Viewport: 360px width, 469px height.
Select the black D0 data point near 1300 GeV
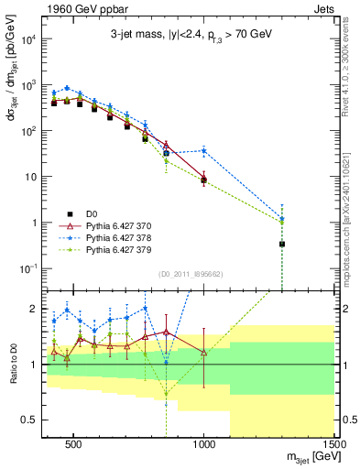282,245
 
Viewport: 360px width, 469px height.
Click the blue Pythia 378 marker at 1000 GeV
204,150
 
